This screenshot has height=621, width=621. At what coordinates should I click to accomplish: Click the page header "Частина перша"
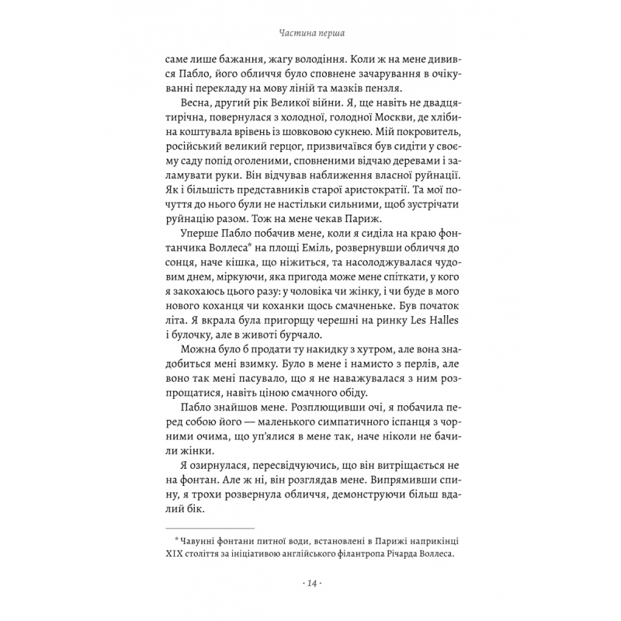point(310,34)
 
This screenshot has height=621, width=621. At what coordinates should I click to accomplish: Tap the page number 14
point(310,582)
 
